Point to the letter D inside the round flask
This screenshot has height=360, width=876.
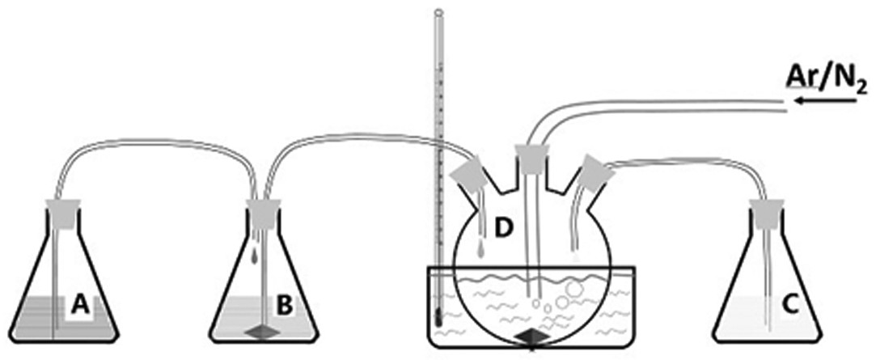504,229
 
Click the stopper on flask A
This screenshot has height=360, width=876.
64,213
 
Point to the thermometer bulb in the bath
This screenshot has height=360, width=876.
438,319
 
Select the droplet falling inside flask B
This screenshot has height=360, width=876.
256,256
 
